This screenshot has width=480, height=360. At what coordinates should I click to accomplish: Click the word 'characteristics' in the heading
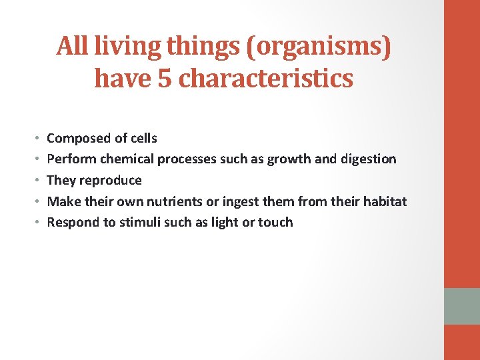coord(266,79)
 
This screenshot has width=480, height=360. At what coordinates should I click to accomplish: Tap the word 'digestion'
coord(368,159)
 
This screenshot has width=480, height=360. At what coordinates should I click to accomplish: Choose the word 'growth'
coord(288,159)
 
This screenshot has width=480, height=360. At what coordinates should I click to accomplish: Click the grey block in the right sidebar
coord(462,306)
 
